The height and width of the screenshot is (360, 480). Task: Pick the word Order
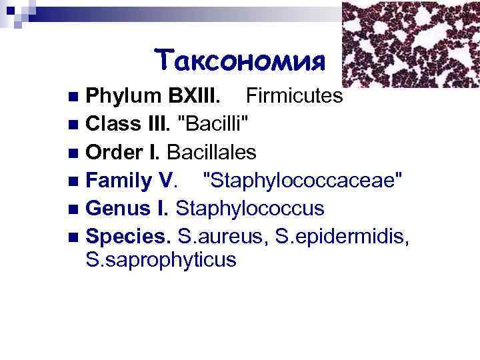coord(113,153)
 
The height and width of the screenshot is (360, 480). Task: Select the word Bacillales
coord(211,153)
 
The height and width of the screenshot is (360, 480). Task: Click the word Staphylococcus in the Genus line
coord(250,209)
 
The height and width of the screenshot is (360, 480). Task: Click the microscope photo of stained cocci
coord(410,43)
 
